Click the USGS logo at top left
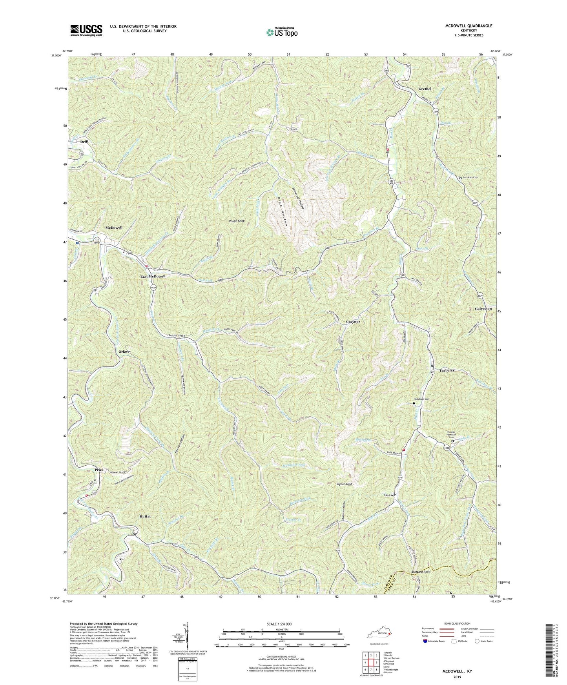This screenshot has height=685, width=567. (x=86, y=30)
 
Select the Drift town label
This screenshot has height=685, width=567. (x=84, y=142)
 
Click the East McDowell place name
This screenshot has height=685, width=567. (x=153, y=276)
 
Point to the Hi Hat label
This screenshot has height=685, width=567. (x=146, y=517)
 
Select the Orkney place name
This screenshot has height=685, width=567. (x=125, y=352)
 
